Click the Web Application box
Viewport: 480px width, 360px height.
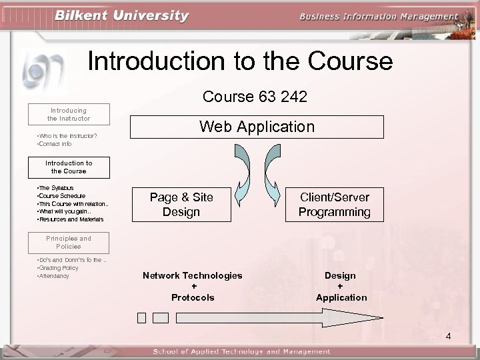click(257, 127)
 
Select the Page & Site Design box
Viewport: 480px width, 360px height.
click(181, 205)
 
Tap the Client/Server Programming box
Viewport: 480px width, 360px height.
click(335, 205)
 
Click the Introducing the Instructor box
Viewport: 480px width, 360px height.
click(69, 114)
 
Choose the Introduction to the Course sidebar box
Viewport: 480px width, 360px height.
click(69, 167)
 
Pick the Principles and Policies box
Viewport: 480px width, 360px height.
click(69, 242)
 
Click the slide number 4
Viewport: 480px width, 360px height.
click(448, 336)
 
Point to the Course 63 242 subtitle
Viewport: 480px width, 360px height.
click(255, 97)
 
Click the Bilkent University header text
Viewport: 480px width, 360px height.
click(122, 16)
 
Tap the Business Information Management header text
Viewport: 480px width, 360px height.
click(379, 17)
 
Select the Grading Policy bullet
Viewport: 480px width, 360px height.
click(59, 268)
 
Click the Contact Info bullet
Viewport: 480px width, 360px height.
click(55, 144)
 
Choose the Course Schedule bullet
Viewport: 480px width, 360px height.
click(62, 196)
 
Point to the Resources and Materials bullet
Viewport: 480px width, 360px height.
click(71, 219)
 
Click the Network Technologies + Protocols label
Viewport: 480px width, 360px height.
click(193, 286)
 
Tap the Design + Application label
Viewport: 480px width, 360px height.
click(341, 286)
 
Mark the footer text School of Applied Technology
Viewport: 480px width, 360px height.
click(241, 352)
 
